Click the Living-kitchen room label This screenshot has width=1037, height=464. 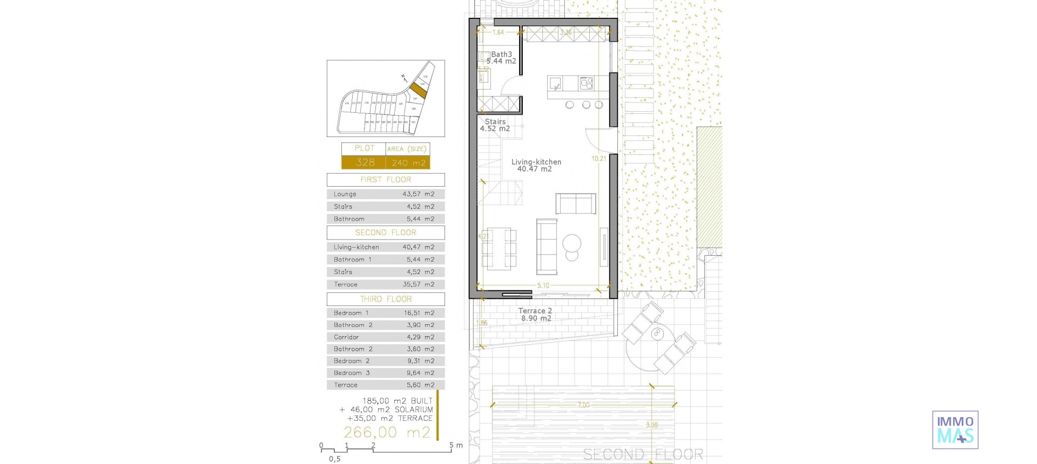(x=536, y=162)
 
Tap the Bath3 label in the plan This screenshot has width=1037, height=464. (x=501, y=54)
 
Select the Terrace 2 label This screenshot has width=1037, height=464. (x=535, y=311)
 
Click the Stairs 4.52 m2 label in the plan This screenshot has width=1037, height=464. (x=495, y=125)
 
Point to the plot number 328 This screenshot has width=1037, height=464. (x=365, y=162)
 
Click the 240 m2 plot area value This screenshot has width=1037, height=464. (x=408, y=163)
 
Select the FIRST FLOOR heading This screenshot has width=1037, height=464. (x=386, y=180)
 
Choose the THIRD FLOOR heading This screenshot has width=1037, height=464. (x=386, y=299)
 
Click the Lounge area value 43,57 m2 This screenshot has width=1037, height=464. (x=418, y=194)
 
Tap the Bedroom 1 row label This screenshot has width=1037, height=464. (x=351, y=313)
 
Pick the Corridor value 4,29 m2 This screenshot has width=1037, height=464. (x=420, y=337)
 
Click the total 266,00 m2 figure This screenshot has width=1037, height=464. (x=387, y=432)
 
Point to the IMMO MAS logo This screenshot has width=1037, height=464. (x=955, y=430)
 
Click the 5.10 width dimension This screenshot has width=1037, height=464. (x=543, y=285)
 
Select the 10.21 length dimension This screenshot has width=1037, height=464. (x=598, y=159)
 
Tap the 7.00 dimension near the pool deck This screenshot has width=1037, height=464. (x=583, y=405)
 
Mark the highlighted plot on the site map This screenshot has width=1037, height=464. (x=418, y=90)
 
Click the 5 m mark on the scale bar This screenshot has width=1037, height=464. (x=452, y=446)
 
